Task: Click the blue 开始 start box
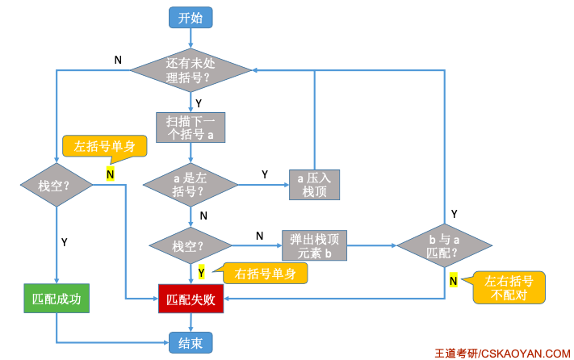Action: click(x=191, y=17)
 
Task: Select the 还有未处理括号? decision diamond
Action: click(x=191, y=70)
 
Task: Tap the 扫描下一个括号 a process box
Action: click(x=191, y=128)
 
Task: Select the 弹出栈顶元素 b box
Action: click(x=313, y=245)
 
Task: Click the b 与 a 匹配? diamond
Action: click(x=443, y=245)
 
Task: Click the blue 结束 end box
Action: click(x=191, y=342)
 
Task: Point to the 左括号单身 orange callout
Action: click(x=104, y=147)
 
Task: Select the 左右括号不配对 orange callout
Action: click(x=508, y=287)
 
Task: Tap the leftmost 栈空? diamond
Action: click(x=56, y=185)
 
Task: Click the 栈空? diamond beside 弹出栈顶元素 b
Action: click(x=191, y=245)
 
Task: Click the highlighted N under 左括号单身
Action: click(x=110, y=173)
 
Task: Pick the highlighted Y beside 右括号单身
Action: click(x=201, y=272)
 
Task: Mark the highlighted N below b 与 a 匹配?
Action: click(x=454, y=280)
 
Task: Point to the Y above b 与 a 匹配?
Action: click(x=454, y=214)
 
